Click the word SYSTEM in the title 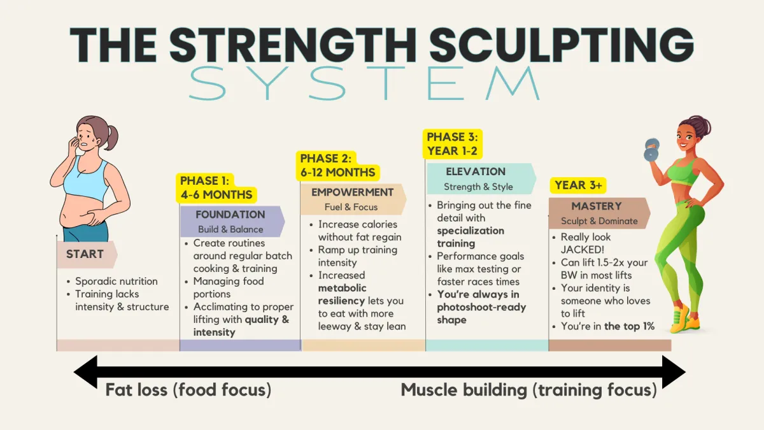coord(364,83)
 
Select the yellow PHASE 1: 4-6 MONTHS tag coord(216,188)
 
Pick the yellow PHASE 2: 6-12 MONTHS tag coord(337,166)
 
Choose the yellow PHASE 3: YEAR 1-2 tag coord(452,144)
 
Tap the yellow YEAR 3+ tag coord(578,185)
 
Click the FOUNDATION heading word coord(230,214)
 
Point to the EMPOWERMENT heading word coord(352,192)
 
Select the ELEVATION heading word coord(476,171)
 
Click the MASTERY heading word coord(597,206)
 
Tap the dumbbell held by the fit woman coord(651,150)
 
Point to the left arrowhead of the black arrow coord(85,371)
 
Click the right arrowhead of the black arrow coord(674,372)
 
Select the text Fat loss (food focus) coord(188,390)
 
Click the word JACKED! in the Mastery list coord(582,250)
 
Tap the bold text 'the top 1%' coord(629,326)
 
